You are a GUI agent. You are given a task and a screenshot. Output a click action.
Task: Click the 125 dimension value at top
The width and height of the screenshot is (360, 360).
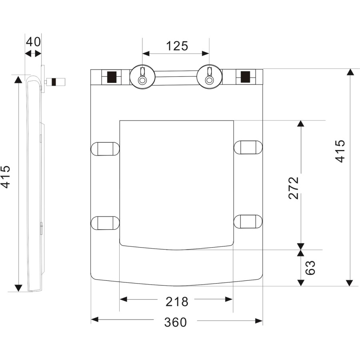click(176, 46)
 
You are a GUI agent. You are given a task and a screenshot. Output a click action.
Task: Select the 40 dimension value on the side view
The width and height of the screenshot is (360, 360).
click(33, 42)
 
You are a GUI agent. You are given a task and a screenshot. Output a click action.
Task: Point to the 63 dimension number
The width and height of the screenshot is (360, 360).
click(310, 267)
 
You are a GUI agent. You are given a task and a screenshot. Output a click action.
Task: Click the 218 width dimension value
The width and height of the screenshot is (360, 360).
click(176, 302)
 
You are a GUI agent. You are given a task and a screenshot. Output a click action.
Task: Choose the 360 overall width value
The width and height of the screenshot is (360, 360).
click(175, 322)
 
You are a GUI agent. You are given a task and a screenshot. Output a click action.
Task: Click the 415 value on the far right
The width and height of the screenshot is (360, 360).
click(340, 151)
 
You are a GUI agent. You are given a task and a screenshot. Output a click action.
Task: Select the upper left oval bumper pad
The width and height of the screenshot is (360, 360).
click(105, 148)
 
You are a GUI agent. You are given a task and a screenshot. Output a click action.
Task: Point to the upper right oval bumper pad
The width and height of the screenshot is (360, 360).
click(248, 147)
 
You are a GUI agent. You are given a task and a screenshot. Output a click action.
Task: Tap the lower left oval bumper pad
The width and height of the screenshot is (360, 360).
click(105, 223)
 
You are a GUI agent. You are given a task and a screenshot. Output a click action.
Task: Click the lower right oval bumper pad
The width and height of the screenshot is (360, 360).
click(248, 221)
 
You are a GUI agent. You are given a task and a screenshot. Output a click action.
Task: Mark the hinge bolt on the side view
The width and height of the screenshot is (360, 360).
click(55, 82)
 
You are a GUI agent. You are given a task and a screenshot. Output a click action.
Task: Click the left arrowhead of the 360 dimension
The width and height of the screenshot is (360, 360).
click(94, 320)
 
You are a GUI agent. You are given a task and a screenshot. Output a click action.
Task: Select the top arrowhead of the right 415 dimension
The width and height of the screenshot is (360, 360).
click(350, 72)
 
